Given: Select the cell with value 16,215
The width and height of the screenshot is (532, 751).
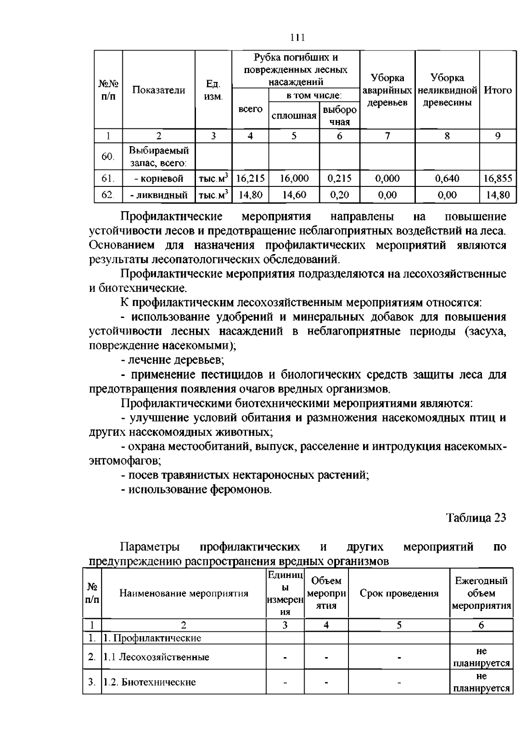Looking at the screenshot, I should click(x=250, y=178).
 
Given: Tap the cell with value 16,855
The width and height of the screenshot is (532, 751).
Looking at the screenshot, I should click(x=497, y=178).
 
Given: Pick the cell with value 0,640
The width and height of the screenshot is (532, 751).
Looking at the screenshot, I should click(x=447, y=178).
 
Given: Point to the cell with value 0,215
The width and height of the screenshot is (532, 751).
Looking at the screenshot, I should click(x=339, y=178).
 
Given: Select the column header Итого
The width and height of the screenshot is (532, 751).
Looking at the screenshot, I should click(x=497, y=90).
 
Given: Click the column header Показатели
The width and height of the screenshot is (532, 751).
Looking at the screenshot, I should click(x=158, y=90).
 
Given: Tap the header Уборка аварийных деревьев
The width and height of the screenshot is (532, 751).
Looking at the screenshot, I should click(x=387, y=90).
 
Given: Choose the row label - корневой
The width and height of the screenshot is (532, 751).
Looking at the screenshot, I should click(x=158, y=178).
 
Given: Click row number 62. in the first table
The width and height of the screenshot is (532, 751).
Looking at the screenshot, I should click(x=108, y=194).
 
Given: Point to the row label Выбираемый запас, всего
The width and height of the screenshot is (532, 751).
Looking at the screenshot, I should click(x=158, y=157).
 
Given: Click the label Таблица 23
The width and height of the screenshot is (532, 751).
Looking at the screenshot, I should click(x=476, y=518).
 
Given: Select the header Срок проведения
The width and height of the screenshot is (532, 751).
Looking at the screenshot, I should click(x=399, y=593).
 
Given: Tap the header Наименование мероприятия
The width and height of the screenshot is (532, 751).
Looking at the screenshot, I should click(x=184, y=593).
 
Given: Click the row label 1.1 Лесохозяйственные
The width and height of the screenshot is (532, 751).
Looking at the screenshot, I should click(x=156, y=657).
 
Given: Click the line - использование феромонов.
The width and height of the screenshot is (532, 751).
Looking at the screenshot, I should click(x=196, y=489).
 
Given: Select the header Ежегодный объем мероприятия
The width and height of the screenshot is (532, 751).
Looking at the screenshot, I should click(x=481, y=593).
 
